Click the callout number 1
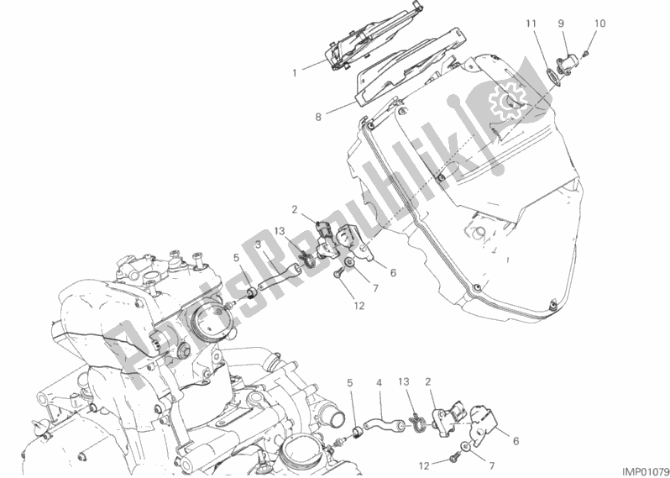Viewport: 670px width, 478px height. pos(294,73)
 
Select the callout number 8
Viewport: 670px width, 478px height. pos(318,116)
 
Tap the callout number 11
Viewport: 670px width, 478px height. pos(531,24)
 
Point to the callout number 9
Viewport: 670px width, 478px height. pos(561,24)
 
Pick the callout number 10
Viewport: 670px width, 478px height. pos(600,24)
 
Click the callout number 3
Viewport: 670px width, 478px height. pos(258,244)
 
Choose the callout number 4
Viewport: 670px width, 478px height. pos(379,384)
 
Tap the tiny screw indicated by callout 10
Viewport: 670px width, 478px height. pos(586,54)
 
